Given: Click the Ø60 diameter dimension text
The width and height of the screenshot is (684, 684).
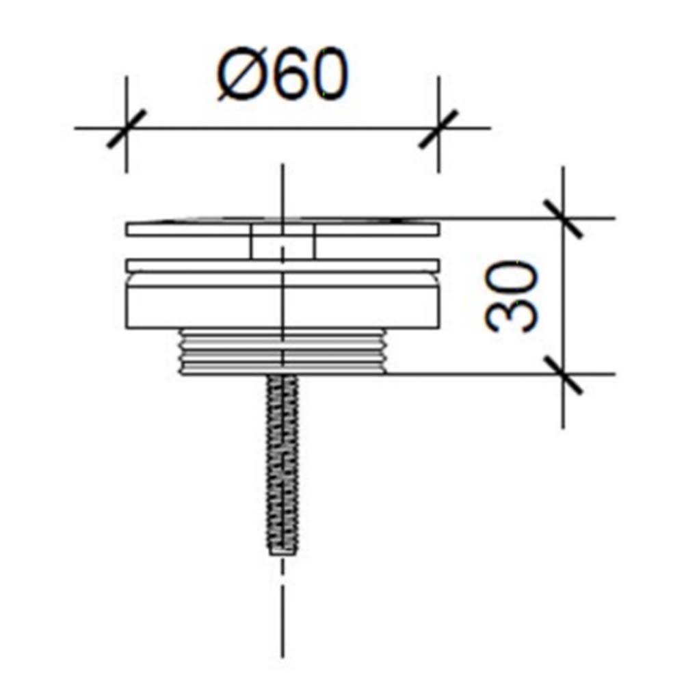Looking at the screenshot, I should coord(282,76).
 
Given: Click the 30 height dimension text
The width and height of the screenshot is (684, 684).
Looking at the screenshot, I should coord(512,296).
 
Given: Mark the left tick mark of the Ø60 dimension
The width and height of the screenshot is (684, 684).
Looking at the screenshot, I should coord(127,128).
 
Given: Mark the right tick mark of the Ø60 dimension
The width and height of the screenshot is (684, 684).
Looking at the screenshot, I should coord(438,128).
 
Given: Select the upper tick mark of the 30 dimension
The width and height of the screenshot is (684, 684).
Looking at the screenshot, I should coord(562,218).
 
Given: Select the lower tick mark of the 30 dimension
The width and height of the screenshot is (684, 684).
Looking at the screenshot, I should coord(562,374).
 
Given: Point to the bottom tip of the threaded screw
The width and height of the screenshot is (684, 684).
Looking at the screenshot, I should coord(282,551).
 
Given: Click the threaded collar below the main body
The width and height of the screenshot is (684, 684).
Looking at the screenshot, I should coord(282,352).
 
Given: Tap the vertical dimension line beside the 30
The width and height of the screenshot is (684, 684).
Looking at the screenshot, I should coord(562,296).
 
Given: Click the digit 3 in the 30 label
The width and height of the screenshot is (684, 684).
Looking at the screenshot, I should coord(512,315).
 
